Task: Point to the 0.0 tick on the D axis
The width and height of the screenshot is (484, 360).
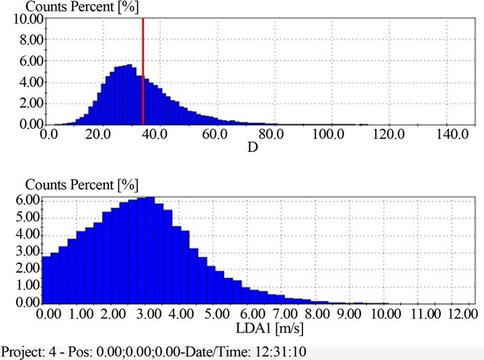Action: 48,134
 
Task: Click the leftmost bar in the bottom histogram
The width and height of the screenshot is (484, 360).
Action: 46,279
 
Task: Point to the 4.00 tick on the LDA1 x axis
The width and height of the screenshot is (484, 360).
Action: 182,314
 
